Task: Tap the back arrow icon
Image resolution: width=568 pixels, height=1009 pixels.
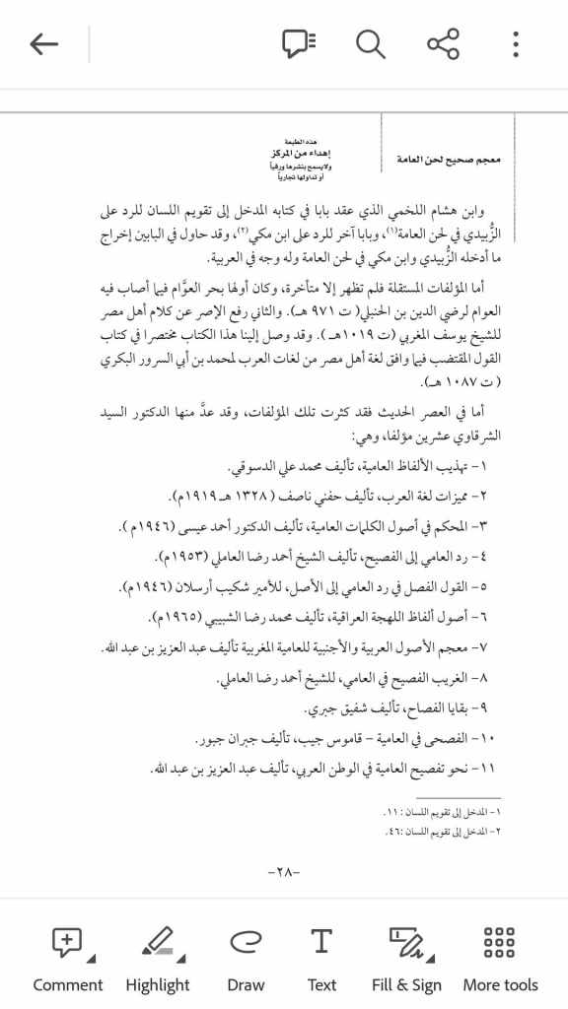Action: point(44,44)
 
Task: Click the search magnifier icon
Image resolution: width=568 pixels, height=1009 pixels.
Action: point(371,44)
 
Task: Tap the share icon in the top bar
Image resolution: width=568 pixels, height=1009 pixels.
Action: point(443,44)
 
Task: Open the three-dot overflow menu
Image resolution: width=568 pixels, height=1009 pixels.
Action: point(515,44)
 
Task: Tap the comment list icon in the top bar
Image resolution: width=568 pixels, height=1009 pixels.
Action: point(299,44)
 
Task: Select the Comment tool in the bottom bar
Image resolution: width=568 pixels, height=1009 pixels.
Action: point(67,958)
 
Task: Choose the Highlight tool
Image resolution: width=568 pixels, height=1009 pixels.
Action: point(158,958)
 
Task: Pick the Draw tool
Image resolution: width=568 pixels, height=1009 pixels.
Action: point(246,958)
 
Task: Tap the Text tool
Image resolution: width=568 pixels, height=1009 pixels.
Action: point(321,958)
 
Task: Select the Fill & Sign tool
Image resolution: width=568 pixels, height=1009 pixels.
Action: point(406,958)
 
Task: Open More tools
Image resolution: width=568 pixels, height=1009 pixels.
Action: point(500,958)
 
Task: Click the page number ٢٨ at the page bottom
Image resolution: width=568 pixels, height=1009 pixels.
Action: point(283,872)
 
